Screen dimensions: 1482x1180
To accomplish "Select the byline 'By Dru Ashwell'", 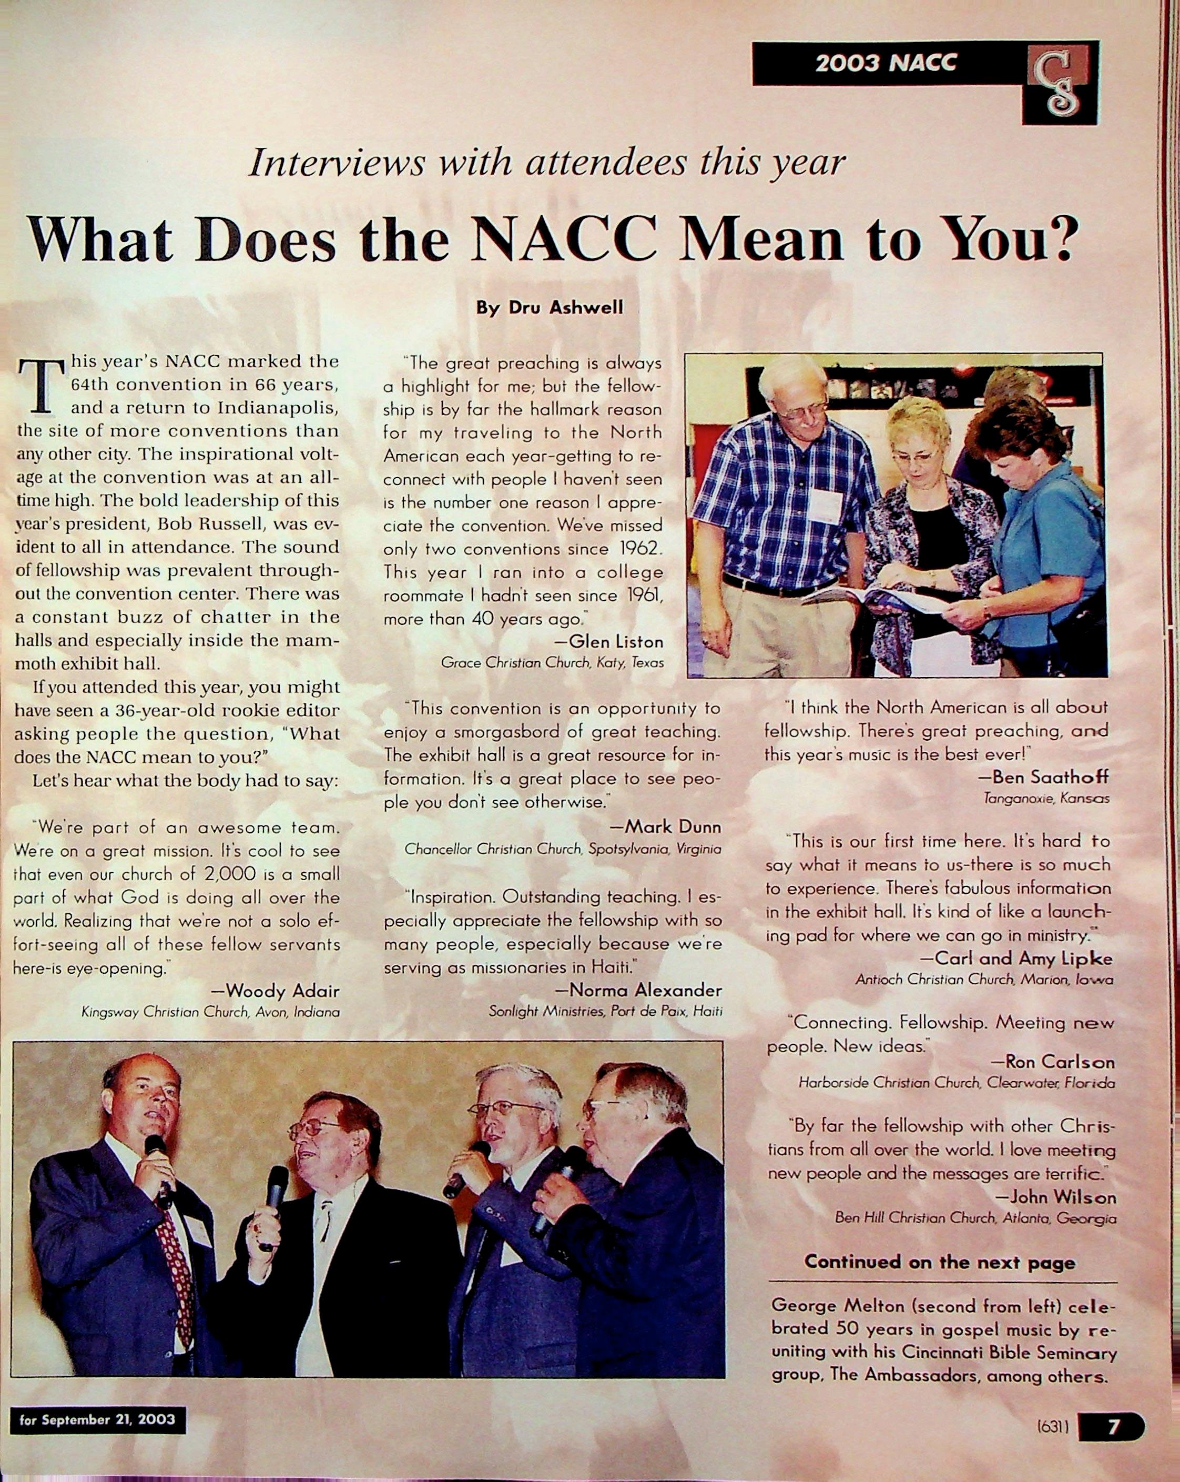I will point(550,307).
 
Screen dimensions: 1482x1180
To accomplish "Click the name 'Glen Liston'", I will point(616,642).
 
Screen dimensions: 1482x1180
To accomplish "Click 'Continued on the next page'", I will point(940,1262).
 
